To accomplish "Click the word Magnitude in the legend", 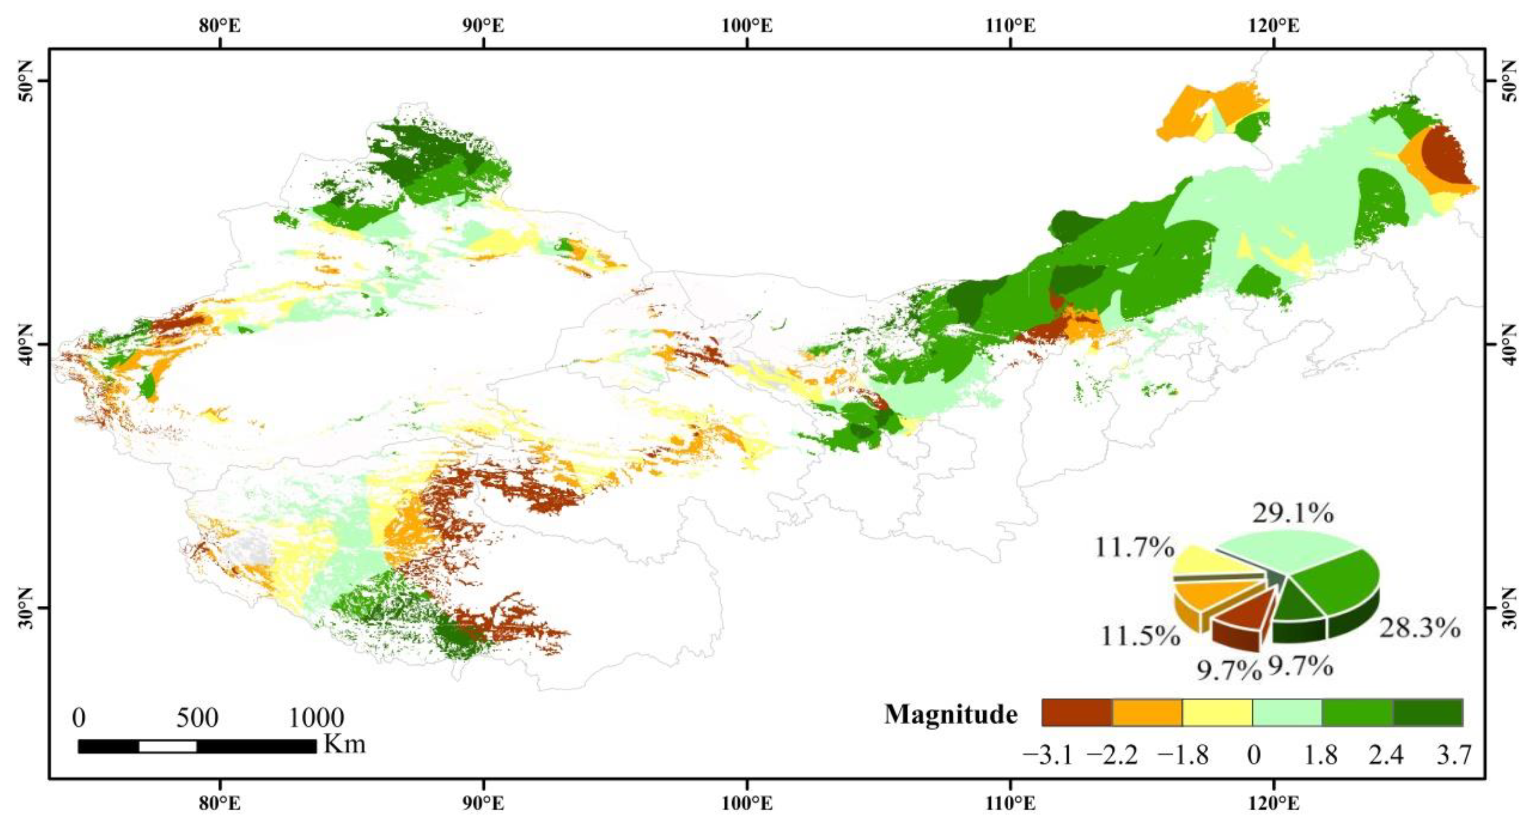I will [951, 714].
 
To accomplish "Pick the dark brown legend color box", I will [1077, 713].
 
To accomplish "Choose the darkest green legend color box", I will [1428, 713].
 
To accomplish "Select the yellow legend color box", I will [1217, 713].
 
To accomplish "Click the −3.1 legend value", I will [1048, 756].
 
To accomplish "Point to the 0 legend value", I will [1253, 756].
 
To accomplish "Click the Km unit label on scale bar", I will [344, 744].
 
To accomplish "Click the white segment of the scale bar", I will [168, 746].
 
